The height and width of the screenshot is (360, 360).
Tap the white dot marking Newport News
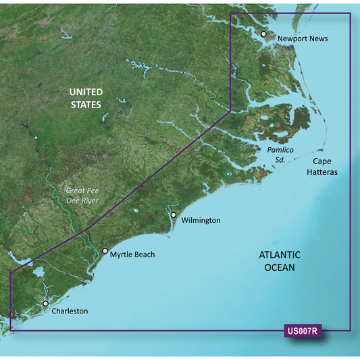coord(264,33)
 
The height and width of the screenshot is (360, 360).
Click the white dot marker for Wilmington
coord(174,215)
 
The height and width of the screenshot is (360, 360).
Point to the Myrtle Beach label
coord(132,255)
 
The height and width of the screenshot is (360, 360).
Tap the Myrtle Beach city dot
coord(105,251)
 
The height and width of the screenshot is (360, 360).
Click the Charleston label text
coord(70,311)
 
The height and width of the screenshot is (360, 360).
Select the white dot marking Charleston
coord(46,304)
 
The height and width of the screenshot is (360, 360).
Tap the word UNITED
coord(86,92)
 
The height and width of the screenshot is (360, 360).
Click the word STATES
coord(86,105)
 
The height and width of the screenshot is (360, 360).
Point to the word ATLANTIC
coord(280,255)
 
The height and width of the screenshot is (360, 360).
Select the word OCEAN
coord(280,267)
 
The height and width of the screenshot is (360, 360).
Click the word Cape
coord(324,161)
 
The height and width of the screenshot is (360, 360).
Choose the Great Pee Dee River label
coord(84,197)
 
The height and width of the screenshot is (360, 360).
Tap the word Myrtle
coord(123,255)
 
